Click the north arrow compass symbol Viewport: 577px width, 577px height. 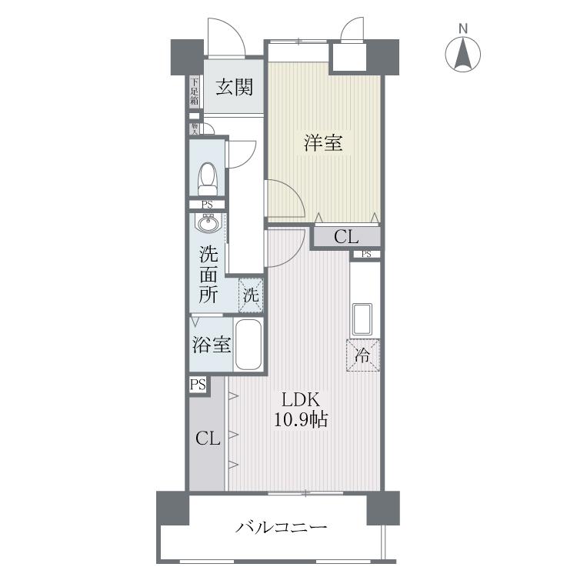[463, 53]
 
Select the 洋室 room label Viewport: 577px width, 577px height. [323, 142]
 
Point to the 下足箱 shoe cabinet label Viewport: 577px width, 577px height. [195, 92]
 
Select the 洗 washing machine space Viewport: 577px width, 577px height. [252, 294]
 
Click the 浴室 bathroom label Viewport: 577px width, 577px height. [211, 344]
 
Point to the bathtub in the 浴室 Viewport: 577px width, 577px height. [248, 346]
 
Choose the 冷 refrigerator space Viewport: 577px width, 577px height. [362, 355]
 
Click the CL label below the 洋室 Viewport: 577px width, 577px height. [345, 237]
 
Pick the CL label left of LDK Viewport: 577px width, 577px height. [208, 439]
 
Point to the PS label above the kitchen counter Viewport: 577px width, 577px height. [365, 255]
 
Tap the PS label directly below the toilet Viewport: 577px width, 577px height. [207, 205]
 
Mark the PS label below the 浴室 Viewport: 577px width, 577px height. [198, 385]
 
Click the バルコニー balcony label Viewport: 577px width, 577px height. [282, 528]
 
